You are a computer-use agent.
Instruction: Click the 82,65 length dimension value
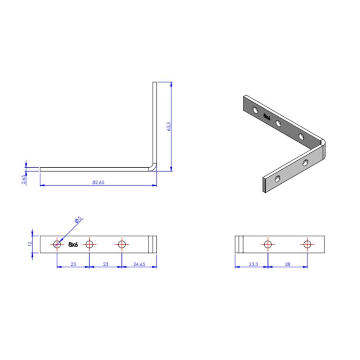[x=98, y=182]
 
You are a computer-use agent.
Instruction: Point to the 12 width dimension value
[x=29, y=244]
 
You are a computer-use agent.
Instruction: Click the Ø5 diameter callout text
[x=77, y=219]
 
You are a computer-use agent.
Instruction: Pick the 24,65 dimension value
[x=139, y=264]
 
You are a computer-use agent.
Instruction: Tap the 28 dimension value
[x=287, y=264]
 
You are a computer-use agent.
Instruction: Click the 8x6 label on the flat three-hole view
[x=73, y=244]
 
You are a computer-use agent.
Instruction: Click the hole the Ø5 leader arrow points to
[x=57, y=244]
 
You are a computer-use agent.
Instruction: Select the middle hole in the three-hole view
[x=90, y=244]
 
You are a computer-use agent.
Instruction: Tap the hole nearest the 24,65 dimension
[x=122, y=244]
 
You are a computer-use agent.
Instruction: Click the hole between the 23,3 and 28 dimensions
[x=268, y=244]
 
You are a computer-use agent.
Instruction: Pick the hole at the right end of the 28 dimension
[x=307, y=244]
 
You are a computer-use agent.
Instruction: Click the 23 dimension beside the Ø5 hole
[x=73, y=264]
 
